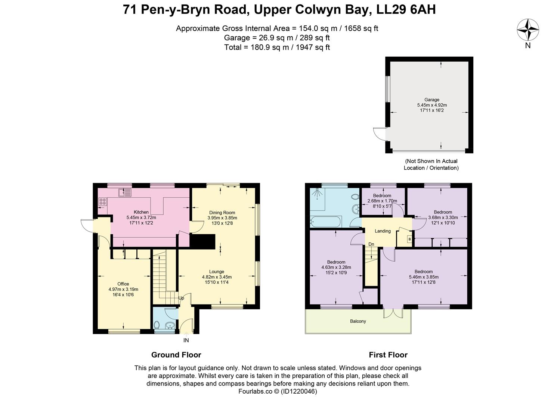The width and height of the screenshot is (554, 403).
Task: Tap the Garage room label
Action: pyautogui.click(x=432, y=100)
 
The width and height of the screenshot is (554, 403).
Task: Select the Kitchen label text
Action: pyautogui.click(x=141, y=212)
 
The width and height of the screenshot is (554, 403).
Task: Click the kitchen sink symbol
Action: pyautogui.click(x=125, y=193)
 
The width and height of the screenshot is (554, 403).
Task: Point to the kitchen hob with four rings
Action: pyautogui.click(x=103, y=201)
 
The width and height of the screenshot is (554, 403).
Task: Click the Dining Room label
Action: pyautogui.click(x=222, y=212)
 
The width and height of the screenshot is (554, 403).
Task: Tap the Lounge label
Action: pyautogui.click(x=217, y=272)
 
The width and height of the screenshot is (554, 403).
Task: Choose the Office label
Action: pyautogui.click(x=123, y=284)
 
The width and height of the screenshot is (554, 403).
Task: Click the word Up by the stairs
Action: pyautogui.click(x=181, y=298)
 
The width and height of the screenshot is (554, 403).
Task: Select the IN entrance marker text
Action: pyautogui.click(x=186, y=340)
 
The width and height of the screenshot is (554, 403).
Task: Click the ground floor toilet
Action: pyautogui.click(x=157, y=325)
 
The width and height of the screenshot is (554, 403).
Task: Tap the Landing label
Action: pyautogui.click(x=383, y=231)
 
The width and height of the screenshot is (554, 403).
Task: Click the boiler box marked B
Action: pyautogui.click(x=409, y=239)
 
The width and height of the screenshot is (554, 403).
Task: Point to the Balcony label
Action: pyautogui.click(x=358, y=321)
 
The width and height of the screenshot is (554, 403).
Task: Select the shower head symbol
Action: pyautogui.click(x=317, y=193)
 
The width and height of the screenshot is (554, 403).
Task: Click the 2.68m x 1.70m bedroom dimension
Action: pyautogui.click(x=382, y=201)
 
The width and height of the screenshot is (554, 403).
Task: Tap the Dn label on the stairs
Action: pyautogui.click(x=371, y=244)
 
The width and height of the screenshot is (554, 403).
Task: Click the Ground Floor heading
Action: pyautogui.click(x=176, y=355)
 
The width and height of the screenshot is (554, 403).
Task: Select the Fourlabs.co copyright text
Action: pyautogui.click(x=278, y=391)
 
